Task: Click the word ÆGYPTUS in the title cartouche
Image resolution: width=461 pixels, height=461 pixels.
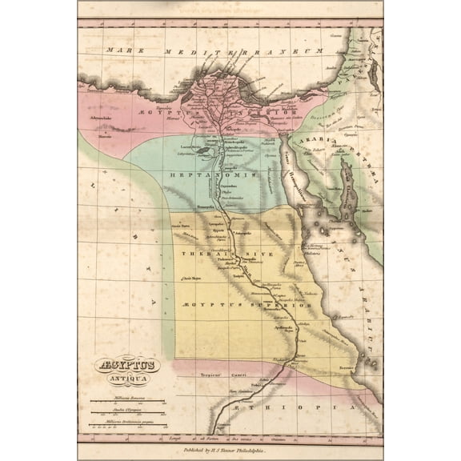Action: click(x=128, y=363)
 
